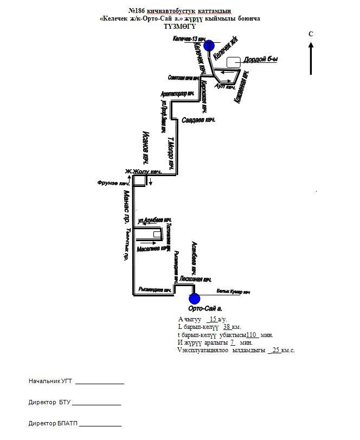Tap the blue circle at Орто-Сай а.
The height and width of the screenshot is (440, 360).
(194, 299)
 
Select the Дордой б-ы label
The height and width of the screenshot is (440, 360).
(261, 60)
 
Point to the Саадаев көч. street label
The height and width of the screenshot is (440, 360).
(198, 120)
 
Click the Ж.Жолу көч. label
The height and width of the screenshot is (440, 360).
(144, 172)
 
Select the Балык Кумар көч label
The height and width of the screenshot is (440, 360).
(233, 293)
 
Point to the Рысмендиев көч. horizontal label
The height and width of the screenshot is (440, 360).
(155, 289)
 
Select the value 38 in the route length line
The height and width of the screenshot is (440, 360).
(228, 327)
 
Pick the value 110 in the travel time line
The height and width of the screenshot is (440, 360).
(251, 335)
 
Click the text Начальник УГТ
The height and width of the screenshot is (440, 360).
(51, 381)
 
